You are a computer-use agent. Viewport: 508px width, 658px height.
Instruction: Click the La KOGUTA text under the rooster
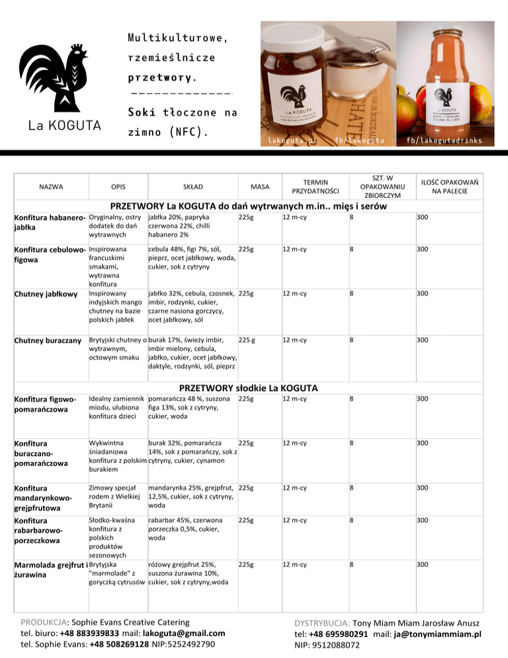(x=63, y=126)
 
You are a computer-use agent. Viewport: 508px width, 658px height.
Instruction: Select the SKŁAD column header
(x=193, y=187)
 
